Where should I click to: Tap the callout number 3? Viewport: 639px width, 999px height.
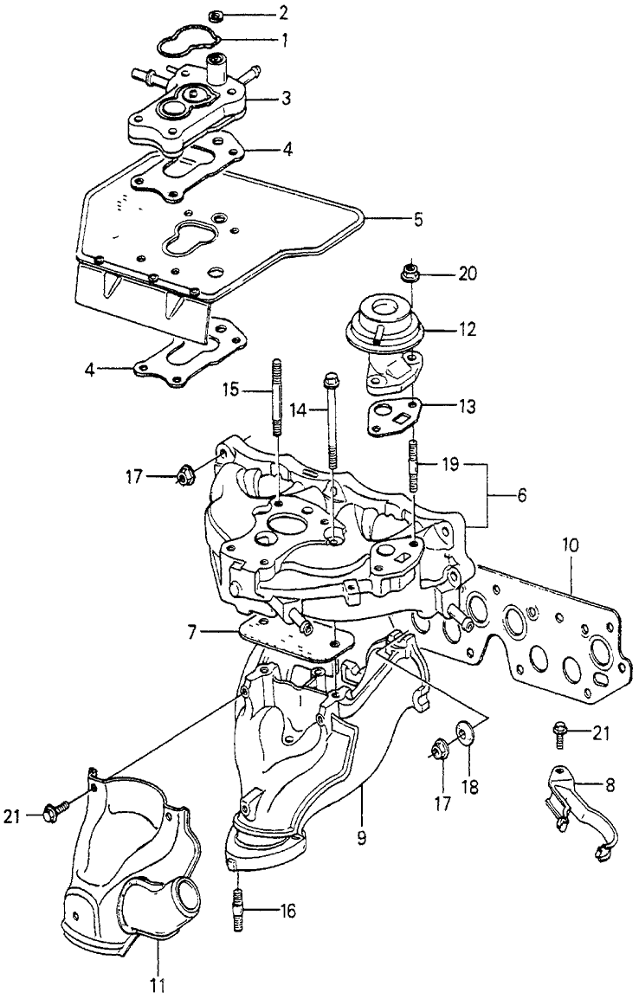pos(286,100)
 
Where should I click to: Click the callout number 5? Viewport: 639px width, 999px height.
pos(417,220)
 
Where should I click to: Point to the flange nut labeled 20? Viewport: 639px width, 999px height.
pos(408,275)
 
